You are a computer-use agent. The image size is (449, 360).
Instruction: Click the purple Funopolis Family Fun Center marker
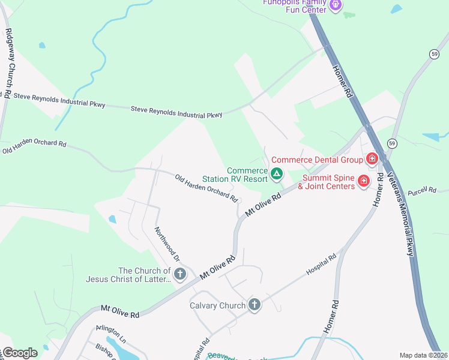pyautogui.click(x=336, y=6)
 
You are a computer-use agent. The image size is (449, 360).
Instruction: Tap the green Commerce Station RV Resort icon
pyautogui.click(x=277, y=175)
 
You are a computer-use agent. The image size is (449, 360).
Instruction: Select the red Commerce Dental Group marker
pyautogui.click(x=372, y=160)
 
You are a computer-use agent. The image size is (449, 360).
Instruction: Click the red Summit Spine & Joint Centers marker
pyautogui.click(x=363, y=181)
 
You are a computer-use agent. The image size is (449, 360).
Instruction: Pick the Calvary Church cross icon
pyautogui.click(x=255, y=305)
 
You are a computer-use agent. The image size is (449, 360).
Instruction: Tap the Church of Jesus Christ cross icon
pyautogui.click(x=180, y=275)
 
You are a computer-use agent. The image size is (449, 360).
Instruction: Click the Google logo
pyautogui.click(x=20, y=352)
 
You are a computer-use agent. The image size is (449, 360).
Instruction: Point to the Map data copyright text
pyautogui.click(x=423, y=355)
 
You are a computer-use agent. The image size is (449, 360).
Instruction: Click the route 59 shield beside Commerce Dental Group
pyautogui.click(x=392, y=143)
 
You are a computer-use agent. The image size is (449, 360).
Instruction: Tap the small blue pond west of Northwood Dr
pyautogui.click(x=112, y=220)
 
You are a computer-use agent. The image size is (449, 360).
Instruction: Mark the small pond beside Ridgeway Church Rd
pyautogui.click(x=41, y=45)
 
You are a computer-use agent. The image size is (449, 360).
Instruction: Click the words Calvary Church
pyautogui.click(x=217, y=305)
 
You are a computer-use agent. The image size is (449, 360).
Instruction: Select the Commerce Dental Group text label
pyautogui.click(x=317, y=160)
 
